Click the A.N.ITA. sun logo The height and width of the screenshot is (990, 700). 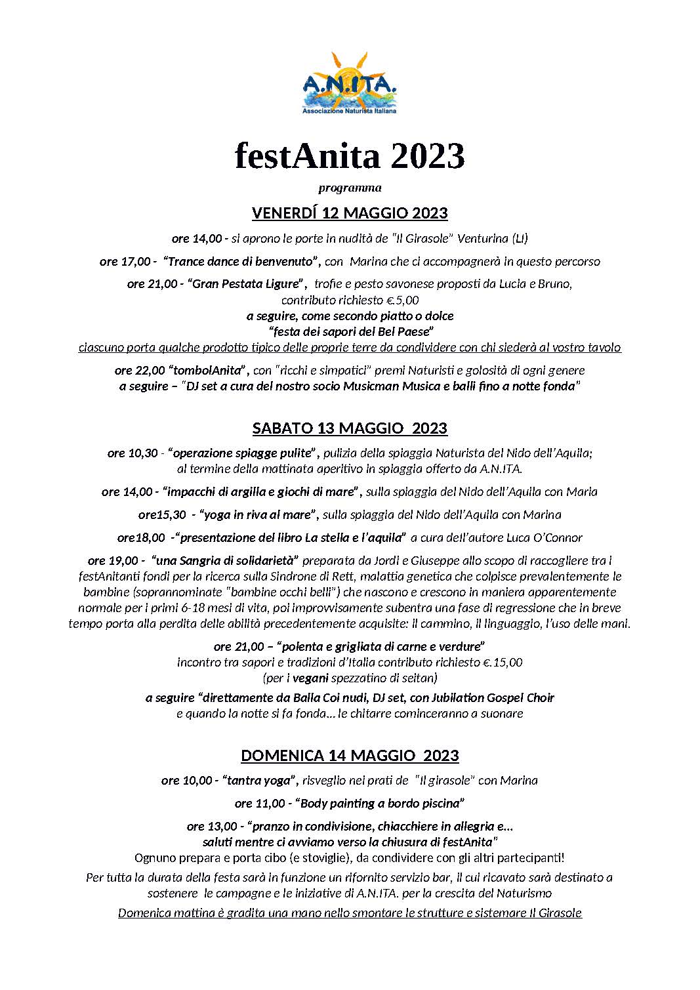350,81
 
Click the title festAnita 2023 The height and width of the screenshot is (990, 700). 350,156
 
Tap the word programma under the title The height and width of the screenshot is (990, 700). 350,188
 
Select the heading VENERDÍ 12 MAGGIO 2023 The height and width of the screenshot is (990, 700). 350,213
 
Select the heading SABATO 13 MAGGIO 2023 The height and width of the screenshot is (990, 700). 350,428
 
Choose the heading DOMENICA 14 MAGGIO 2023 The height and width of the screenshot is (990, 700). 350,755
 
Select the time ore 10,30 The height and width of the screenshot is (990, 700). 133,453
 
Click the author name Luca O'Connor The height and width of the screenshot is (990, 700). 544,538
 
